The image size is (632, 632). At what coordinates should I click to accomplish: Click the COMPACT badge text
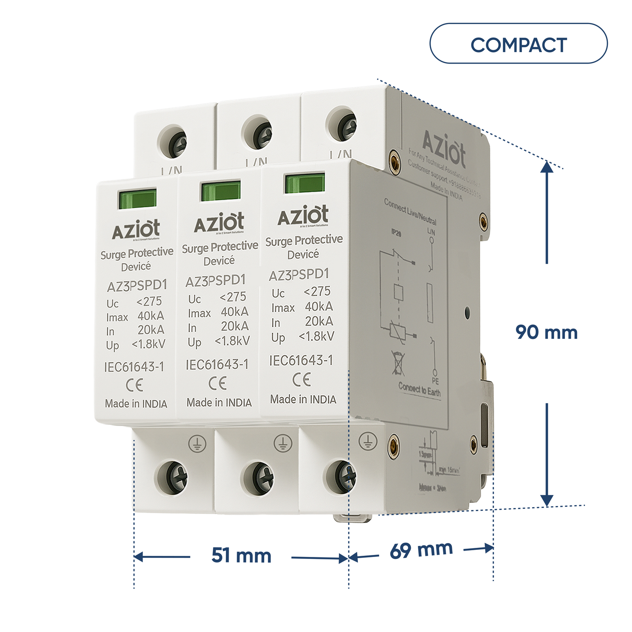coord(518,45)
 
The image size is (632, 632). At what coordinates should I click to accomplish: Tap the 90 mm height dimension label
coord(546,332)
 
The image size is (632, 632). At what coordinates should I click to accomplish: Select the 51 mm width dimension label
coord(241,555)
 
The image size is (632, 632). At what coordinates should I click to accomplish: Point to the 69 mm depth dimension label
coord(421,550)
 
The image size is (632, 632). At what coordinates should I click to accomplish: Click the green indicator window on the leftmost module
coord(137,199)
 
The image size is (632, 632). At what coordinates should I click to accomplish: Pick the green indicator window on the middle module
coord(220,191)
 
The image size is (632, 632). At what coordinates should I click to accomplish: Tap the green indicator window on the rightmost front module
coord(305,183)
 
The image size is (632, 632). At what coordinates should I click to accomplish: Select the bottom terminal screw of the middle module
coord(258,478)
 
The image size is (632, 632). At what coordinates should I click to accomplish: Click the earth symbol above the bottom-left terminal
coord(197,444)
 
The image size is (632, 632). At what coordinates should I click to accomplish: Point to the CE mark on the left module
coord(134,385)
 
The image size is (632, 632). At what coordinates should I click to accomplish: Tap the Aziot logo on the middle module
coord(219,223)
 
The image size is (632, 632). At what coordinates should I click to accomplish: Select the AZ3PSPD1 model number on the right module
coord(299,275)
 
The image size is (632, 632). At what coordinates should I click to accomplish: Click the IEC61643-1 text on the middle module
coord(217,364)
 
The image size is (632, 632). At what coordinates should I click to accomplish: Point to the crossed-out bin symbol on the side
coord(398,363)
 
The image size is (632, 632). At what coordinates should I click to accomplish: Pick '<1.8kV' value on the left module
coord(149,344)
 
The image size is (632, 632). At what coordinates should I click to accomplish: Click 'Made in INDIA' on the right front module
coord(303,399)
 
